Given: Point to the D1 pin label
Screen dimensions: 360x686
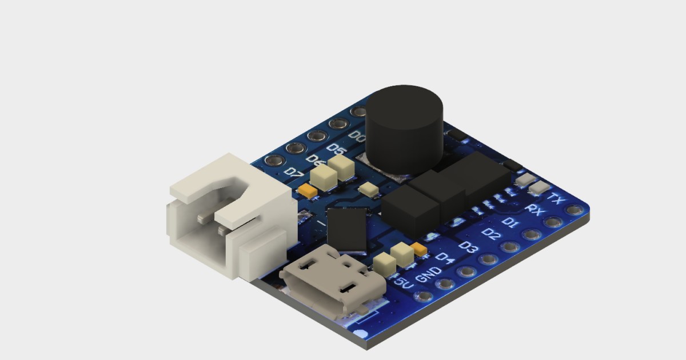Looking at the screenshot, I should [x=510, y=221].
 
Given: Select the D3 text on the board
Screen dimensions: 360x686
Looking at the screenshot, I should [x=468, y=247].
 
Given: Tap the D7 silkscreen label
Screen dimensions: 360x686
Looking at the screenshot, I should [x=294, y=171].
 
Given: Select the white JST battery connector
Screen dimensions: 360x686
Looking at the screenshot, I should [x=229, y=217].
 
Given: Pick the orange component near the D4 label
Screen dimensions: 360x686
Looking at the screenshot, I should [x=420, y=249].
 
